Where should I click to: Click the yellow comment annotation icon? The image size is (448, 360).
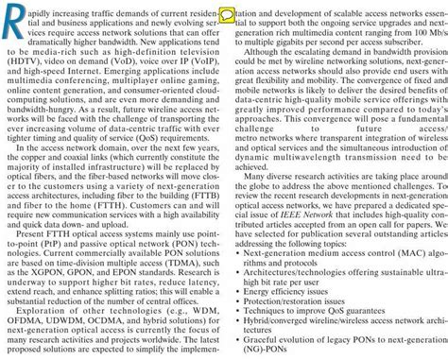coord(227,15)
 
